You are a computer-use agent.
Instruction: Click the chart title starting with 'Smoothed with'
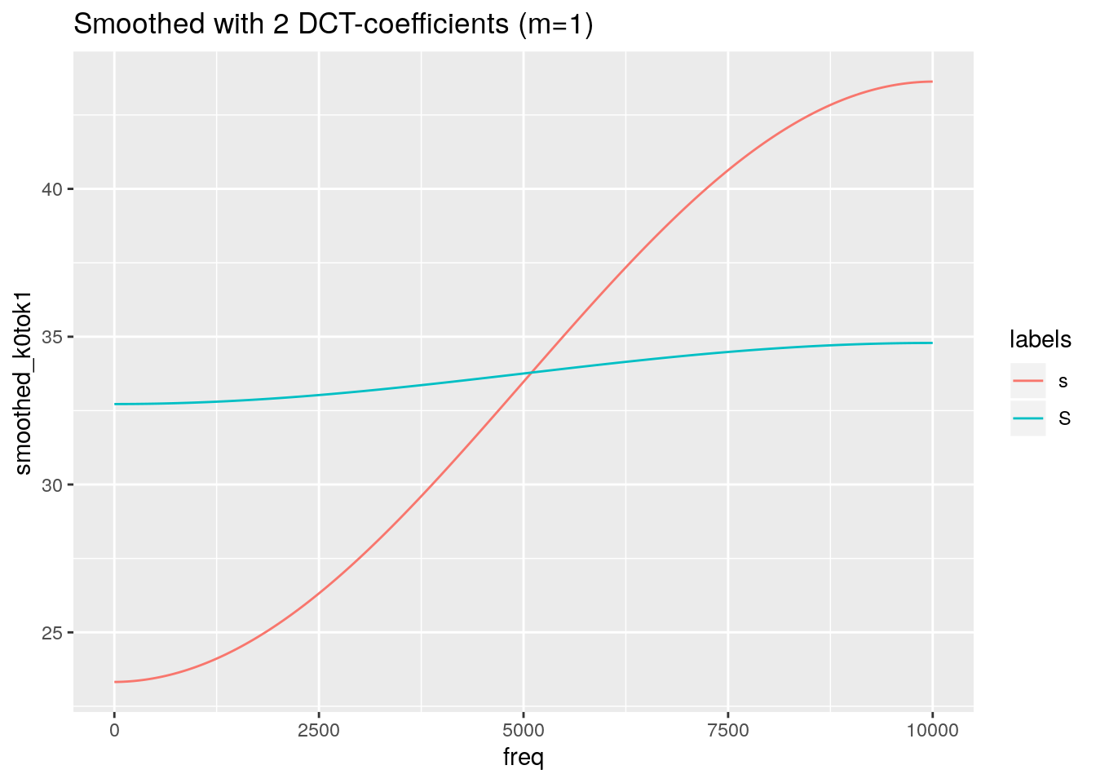333,24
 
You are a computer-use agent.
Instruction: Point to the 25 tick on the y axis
54,633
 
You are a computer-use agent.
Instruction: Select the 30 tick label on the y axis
54,485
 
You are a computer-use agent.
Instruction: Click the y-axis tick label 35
54,338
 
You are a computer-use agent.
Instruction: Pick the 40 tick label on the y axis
54,190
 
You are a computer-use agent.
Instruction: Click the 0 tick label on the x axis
114,731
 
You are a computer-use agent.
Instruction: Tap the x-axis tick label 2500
319,731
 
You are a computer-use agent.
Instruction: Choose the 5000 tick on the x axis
524,731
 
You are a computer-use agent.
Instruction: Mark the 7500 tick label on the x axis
728,731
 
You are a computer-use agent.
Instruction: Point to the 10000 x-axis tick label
933,731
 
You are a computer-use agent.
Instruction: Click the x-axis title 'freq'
524,758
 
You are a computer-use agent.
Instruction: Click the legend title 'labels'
1040,339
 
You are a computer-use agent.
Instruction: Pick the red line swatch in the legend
1027,381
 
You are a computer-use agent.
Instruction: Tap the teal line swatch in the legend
1027,418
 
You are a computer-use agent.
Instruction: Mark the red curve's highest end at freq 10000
932,82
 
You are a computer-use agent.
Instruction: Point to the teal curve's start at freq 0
115,404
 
